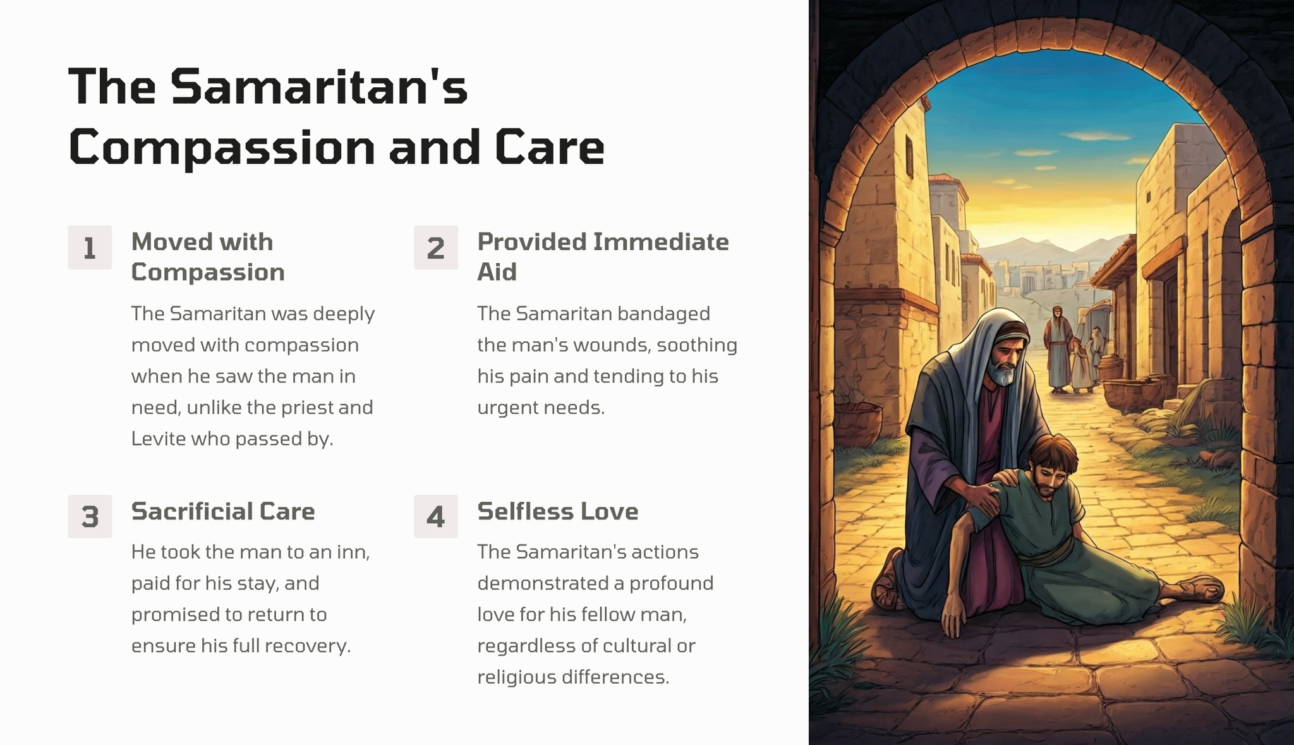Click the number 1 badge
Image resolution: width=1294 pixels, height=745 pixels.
90,248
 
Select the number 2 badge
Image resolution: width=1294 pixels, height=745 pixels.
436,248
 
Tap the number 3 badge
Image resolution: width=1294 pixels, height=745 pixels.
90,516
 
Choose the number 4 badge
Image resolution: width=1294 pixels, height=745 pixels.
436,516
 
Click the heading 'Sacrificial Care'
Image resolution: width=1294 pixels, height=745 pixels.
223,511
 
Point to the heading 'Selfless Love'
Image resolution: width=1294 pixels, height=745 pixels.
558,511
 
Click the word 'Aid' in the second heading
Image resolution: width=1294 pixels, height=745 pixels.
497,272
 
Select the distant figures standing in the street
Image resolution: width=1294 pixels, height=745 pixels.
1072,351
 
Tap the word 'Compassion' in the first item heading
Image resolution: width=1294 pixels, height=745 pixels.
208,272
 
